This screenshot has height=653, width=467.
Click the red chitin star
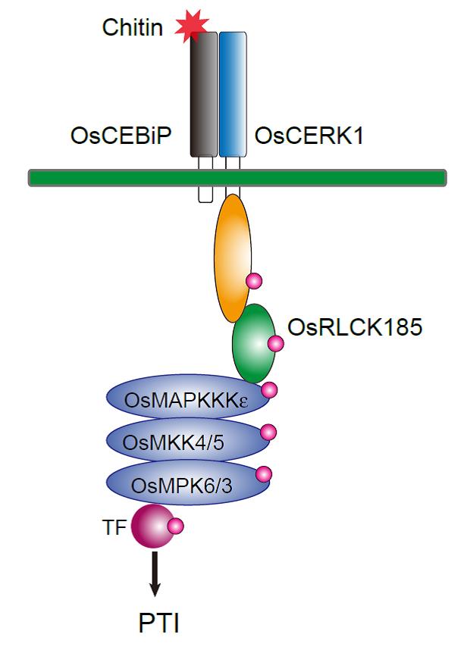click(190, 26)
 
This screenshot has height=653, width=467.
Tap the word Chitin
click(133, 28)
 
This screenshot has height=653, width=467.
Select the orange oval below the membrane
click(233, 256)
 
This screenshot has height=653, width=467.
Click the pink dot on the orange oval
click(255, 282)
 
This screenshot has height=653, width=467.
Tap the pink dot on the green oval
click(275, 344)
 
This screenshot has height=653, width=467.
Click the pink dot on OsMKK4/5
click(268, 433)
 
